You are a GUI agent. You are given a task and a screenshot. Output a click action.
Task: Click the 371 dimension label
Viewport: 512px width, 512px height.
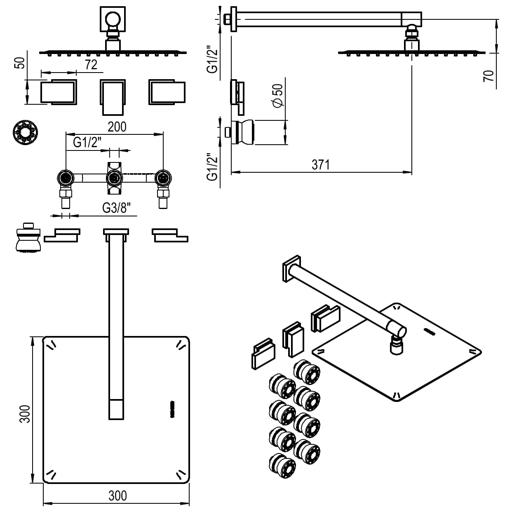tap(321, 164)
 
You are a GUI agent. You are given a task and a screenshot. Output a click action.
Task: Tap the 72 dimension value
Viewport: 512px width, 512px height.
tap(91, 65)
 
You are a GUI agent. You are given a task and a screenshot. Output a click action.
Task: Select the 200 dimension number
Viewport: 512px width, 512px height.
tap(117, 127)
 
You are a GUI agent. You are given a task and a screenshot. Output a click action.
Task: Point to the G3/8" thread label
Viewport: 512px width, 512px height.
tap(119, 209)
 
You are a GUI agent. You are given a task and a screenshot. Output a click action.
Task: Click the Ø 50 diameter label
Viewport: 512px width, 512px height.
tap(279, 96)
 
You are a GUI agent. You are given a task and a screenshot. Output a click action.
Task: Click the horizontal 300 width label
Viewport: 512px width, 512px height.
tap(117, 495)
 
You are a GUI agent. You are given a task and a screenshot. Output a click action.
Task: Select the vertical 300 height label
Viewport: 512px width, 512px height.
tap(25, 413)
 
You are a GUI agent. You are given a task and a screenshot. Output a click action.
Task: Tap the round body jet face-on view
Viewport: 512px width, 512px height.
tap(25, 132)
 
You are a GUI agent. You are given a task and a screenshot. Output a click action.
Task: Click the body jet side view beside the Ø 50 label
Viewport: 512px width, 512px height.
tap(243, 132)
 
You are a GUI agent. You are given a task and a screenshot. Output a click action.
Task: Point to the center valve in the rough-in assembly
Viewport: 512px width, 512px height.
tap(114, 178)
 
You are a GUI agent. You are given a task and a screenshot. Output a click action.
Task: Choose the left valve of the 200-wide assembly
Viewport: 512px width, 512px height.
tap(65, 178)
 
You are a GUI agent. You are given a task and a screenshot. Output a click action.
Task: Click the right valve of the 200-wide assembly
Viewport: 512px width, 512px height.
tap(163, 178)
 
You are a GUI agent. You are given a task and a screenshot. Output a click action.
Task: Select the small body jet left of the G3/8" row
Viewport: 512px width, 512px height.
tap(28, 238)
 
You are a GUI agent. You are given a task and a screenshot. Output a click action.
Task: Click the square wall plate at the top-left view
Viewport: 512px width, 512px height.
tap(112, 19)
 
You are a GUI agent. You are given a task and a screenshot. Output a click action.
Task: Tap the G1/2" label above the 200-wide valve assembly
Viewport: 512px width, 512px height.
tap(87, 143)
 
